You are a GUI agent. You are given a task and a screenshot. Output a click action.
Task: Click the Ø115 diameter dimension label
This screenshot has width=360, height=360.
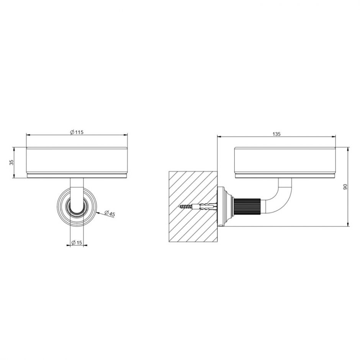[x=77, y=132]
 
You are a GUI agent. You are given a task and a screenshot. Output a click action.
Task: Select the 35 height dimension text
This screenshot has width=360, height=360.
[x=11, y=162]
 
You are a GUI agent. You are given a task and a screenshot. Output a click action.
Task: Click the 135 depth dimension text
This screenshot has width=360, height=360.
[x=277, y=134]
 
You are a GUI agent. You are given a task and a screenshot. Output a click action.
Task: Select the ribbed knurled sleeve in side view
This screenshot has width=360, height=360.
[x=247, y=207]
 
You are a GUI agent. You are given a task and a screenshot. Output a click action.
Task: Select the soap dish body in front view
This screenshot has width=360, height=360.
[x=77, y=160]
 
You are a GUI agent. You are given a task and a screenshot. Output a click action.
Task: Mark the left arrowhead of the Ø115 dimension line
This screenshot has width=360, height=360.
[x=28, y=135]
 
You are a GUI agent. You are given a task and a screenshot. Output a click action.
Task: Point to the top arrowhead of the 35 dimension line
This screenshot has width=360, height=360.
[x=15, y=149]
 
